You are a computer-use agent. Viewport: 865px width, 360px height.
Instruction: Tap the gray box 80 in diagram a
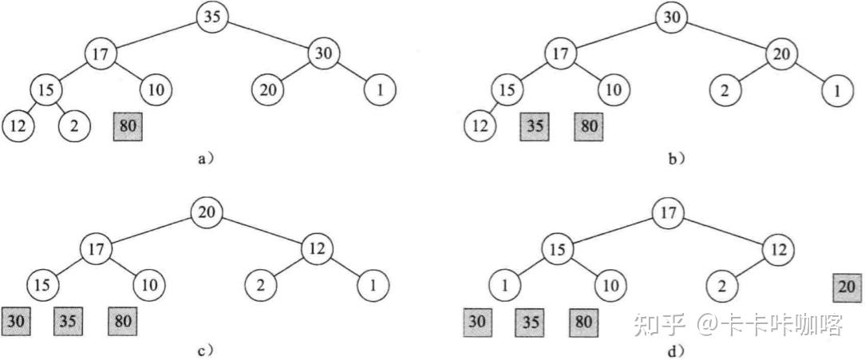pos(128,125)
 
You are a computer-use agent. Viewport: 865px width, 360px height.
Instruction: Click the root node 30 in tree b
pos(672,18)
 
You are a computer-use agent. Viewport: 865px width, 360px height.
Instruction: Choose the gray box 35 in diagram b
pos(535,125)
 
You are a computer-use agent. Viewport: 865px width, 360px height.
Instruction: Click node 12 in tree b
pos(480,125)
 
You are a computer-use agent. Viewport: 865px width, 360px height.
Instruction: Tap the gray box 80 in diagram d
pos(584,322)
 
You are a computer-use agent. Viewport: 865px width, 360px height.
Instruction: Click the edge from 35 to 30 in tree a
pos(269,35)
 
